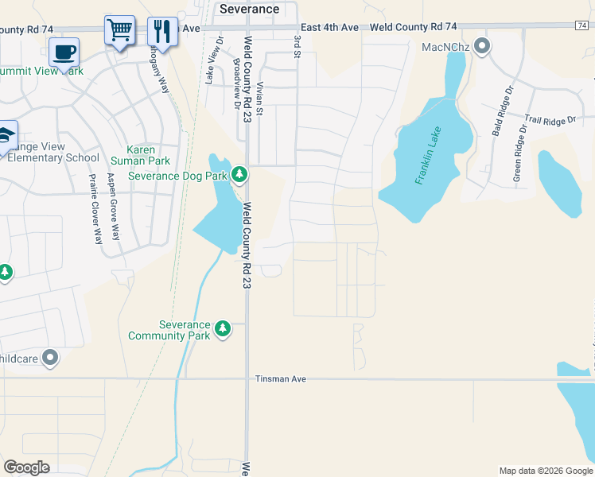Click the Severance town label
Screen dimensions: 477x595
click(250, 9)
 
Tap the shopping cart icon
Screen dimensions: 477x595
click(119, 31)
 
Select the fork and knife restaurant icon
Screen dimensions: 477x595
click(162, 31)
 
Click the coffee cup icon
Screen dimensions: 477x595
click(64, 53)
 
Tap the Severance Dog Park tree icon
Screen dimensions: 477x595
click(239, 174)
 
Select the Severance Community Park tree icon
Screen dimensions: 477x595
click(224, 328)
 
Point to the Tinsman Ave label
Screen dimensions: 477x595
click(281, 379)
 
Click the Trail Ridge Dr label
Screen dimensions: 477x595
click(550, 121)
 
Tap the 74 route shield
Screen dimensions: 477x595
click(584, 26)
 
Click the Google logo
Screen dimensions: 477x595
click(26, 467)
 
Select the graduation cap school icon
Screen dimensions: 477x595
click(6, 136)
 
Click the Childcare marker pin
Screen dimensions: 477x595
click(50, 359)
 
